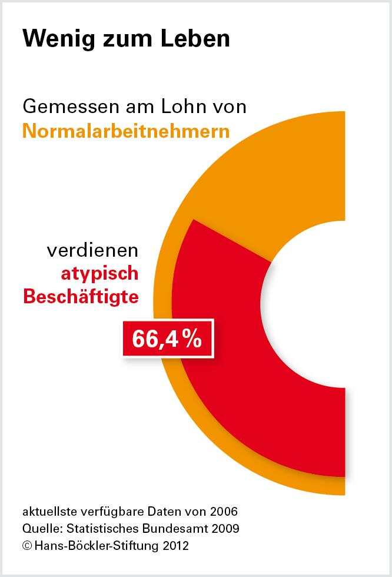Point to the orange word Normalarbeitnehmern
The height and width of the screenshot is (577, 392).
click(126, 130)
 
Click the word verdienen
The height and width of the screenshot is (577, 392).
click(92, 251)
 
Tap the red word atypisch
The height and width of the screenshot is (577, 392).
click(99, 274)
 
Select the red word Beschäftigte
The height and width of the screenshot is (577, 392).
click(81, 296)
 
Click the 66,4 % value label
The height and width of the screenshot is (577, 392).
click(167, 339)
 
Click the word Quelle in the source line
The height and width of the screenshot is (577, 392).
click(41, 528)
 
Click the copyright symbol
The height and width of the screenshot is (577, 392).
click(26, 546)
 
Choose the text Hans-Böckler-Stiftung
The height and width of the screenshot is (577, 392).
click(91, 546)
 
